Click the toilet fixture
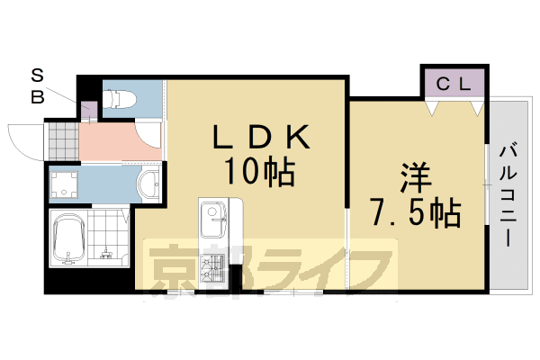pos(118,98)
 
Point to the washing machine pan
pos(64,186)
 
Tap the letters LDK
pos(261,137)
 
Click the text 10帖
pos(261,170)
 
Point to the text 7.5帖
pos(415,212)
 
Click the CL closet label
pos(454,84)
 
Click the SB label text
pos(39,85)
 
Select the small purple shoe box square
pos(89,112)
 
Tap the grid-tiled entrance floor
pos(62,139)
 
